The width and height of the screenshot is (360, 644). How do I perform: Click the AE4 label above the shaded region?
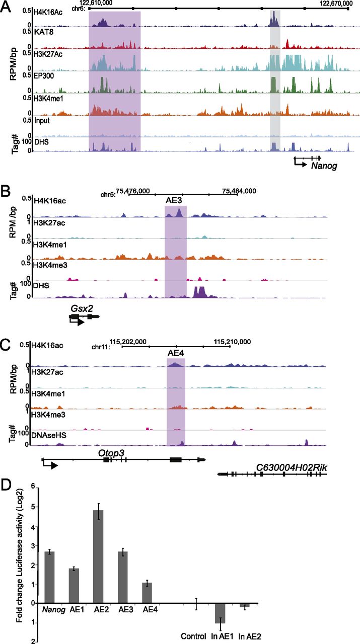pos(176,353)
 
